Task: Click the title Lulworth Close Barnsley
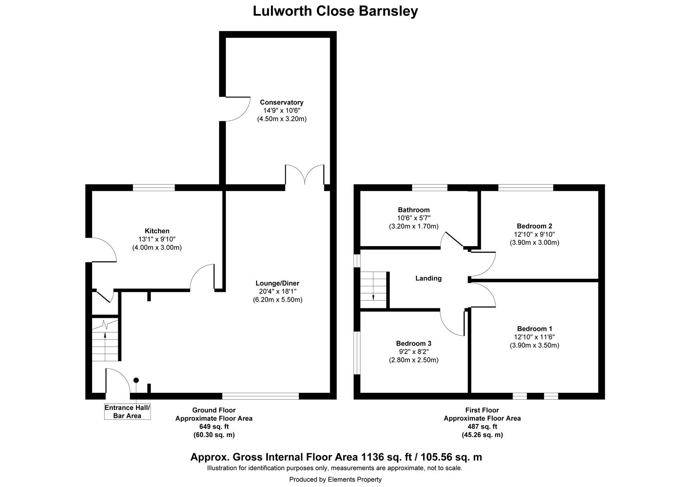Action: pyautogui.click(x=335, y=11)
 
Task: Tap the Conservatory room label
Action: pyautogui.click(x=281, y=102)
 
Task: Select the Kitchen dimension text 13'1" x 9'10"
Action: pyautogui.click(x=157, y=239)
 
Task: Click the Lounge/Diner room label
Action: pyautogui.click(x=277, y=283)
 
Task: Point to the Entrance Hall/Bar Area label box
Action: pyautogui.click(x=127, y=412)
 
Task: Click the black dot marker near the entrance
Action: pyautogui.click(x=136, y=380)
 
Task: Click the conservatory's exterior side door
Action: pyautogui.click(x=236, y=108)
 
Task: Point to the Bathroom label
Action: pyautogui.click(x=414, y=210)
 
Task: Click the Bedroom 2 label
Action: pyautogui.click(x=534, y=226)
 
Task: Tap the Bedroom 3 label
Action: pyautogui.click(x=413, y=344)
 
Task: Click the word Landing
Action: pyautogui.click(x=428, y=278)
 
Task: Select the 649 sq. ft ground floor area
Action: pyautogui.click(x=214, y=427)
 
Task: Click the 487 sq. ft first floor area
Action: pyautogui.click(x=482, y=427)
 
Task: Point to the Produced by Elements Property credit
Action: pyautogui.click(x=335, y=479)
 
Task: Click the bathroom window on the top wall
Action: pyautogui.click(x=429, y=188)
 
